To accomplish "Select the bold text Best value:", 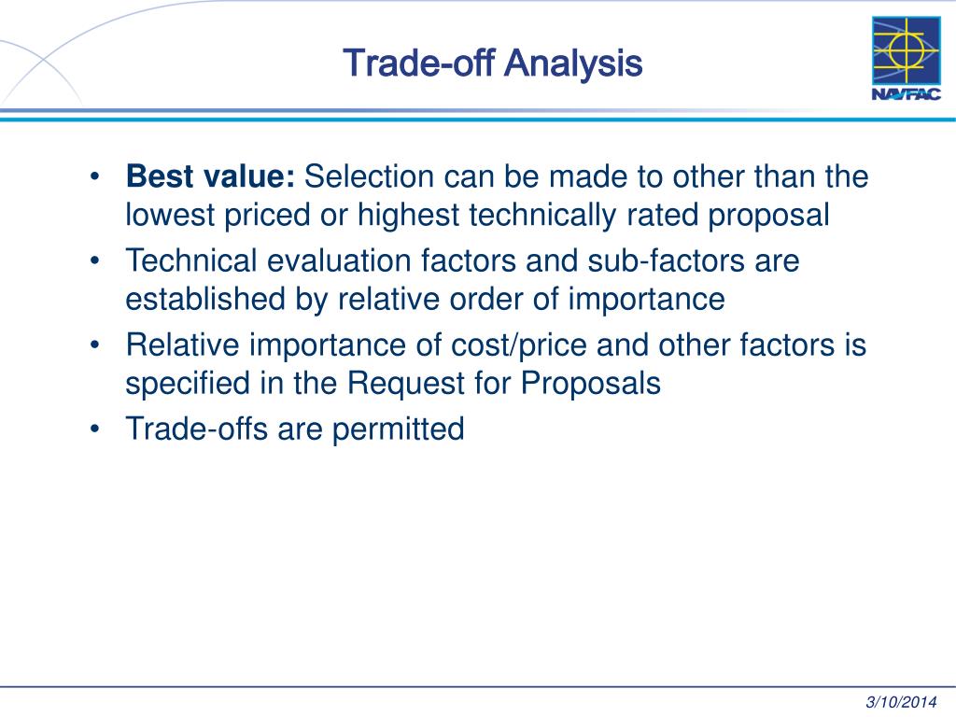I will [x=211, y=176].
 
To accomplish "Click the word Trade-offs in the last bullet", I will [x=192, y=429].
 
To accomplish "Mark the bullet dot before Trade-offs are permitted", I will [x=96, y=429].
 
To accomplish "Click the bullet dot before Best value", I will [x=96, y=176].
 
